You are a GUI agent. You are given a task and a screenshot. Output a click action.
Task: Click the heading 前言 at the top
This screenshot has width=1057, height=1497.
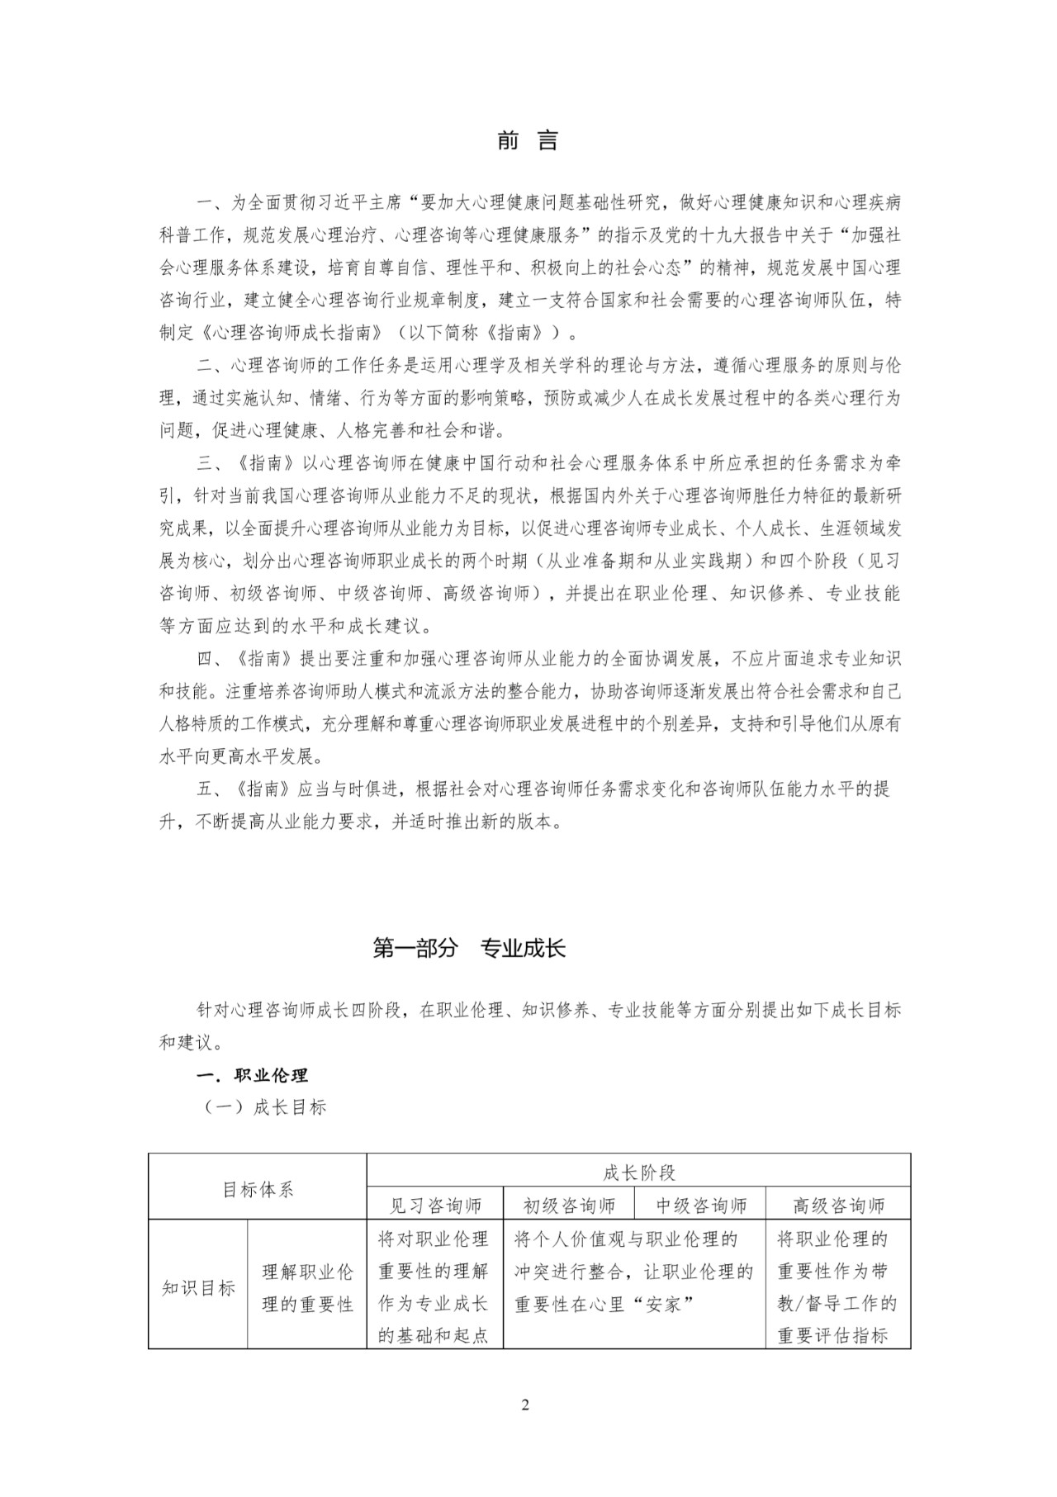tap(528, 141)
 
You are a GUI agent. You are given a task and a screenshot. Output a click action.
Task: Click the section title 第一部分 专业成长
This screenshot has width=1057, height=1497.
tap(469, 948)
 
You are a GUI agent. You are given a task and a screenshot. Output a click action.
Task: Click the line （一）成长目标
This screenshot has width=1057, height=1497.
tap(265, 1107)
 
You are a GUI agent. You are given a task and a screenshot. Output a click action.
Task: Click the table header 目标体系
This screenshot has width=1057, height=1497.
tap(258, 1189)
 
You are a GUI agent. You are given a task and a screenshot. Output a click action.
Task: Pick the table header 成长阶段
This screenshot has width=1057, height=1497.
tap(638, 1172)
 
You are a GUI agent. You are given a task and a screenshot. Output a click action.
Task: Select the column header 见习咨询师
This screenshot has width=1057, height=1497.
tap(435, 1206)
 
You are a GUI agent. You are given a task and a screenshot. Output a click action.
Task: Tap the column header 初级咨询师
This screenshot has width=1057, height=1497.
tap(569, 1206)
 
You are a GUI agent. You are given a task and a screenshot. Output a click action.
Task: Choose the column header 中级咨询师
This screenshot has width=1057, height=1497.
tap(701, 1206)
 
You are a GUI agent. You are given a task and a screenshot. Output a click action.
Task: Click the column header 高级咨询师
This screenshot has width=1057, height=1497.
tap(838, 1206)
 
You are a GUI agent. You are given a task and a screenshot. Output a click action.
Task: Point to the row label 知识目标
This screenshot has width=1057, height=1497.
tap(198, 1287)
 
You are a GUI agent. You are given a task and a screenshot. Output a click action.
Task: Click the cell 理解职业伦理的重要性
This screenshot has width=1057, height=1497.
tap(307, 1287)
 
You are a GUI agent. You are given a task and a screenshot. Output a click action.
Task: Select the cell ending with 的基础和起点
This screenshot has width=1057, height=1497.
tap(434, 1287)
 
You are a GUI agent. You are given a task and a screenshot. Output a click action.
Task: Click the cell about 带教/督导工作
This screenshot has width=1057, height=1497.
tap(837, 1287)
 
